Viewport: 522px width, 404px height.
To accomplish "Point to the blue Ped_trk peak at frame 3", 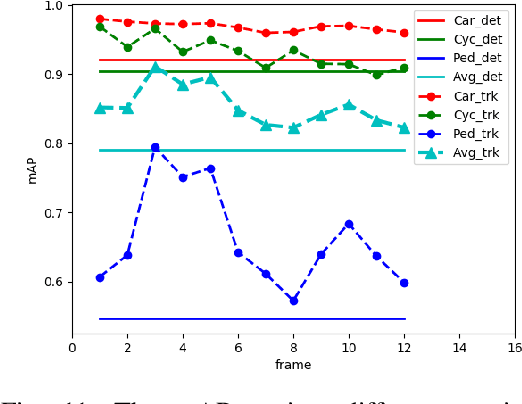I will click(x=155, y=147).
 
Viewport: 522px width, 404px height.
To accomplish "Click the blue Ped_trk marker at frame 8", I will click(x=293, y=300).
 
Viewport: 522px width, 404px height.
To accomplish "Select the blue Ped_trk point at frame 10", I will click(x=349, y=224).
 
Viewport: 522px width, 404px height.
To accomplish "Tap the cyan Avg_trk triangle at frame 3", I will click(x=155, y=68).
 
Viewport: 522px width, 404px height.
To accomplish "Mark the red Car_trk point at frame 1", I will click(x=100, y=19).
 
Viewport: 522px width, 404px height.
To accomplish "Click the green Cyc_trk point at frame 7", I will click(x=266, y=67).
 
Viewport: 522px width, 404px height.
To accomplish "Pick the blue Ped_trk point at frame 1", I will click(x=100, y=277).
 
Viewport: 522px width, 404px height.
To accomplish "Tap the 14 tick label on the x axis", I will click(x=459, y=348).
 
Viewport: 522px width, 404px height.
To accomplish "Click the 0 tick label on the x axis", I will click(x=72, y=348).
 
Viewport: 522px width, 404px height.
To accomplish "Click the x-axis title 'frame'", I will click(x=293, y=365).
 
